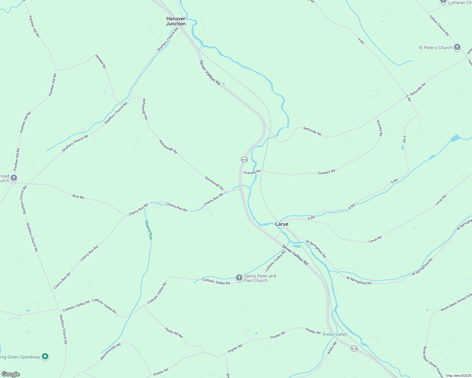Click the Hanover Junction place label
pos(176,21)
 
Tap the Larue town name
pos(282,224)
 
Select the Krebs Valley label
pos(335,334)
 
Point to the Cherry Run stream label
pos(148,230)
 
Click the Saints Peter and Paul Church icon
pos(239,278)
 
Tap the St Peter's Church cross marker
pos(457,48)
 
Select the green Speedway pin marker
pos(45,357)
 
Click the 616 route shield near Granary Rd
pos(244,160)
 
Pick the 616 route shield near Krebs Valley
pos(354,349)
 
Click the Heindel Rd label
pos(101,61)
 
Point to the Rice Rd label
pos(78,197)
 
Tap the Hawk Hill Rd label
pos(174,332)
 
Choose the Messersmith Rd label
pos(110,352)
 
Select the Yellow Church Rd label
pos(439,25)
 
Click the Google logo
pos(10,374)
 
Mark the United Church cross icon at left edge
pos(14,178)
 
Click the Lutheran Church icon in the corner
pos(443,2)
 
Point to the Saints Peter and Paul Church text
pos(260,278)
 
